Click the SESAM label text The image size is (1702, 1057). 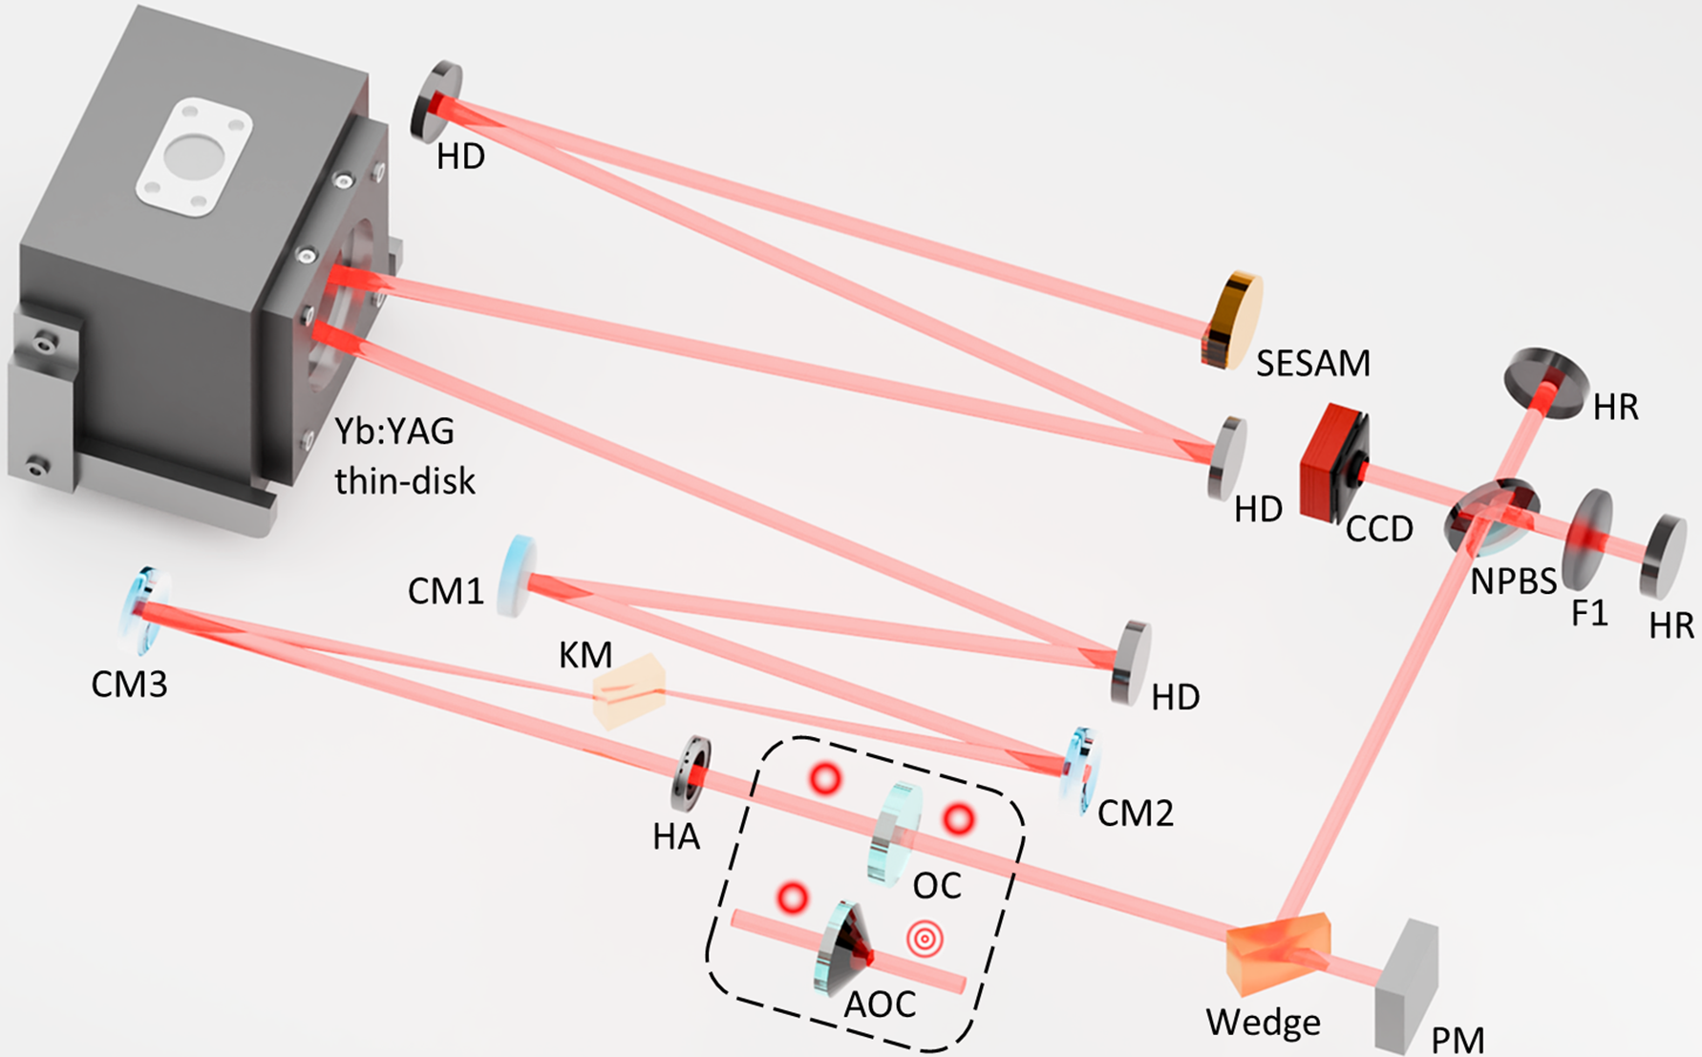[x=1312, y=363]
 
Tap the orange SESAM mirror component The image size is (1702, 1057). [x=1231, y=321]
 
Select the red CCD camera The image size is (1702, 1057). [x=1333, y=463]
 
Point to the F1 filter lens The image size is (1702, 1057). [x=1586, y=539]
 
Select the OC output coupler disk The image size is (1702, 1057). [x=895, y=834]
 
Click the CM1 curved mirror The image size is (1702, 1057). [x=517, y=576]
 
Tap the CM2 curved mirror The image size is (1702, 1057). [x=1079, y=771]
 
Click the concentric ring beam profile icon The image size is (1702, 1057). [x=925, y=939]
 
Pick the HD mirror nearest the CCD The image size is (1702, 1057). [x=1227, y=457]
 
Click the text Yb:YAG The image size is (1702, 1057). [x=394, y=432]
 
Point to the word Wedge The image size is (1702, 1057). [x=1263, y=1023]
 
